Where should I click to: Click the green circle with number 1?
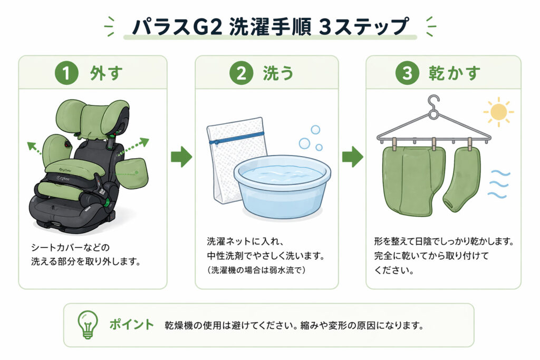(x=66, y=73)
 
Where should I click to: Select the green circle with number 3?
(x=407, y=73)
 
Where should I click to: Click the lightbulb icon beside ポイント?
(x=88, y=324)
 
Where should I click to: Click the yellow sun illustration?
(x=497, y=112)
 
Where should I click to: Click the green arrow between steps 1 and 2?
(x=181, y=157)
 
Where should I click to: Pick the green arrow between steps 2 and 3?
(x=352, y=157)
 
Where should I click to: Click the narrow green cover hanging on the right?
(x=462, y=178)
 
